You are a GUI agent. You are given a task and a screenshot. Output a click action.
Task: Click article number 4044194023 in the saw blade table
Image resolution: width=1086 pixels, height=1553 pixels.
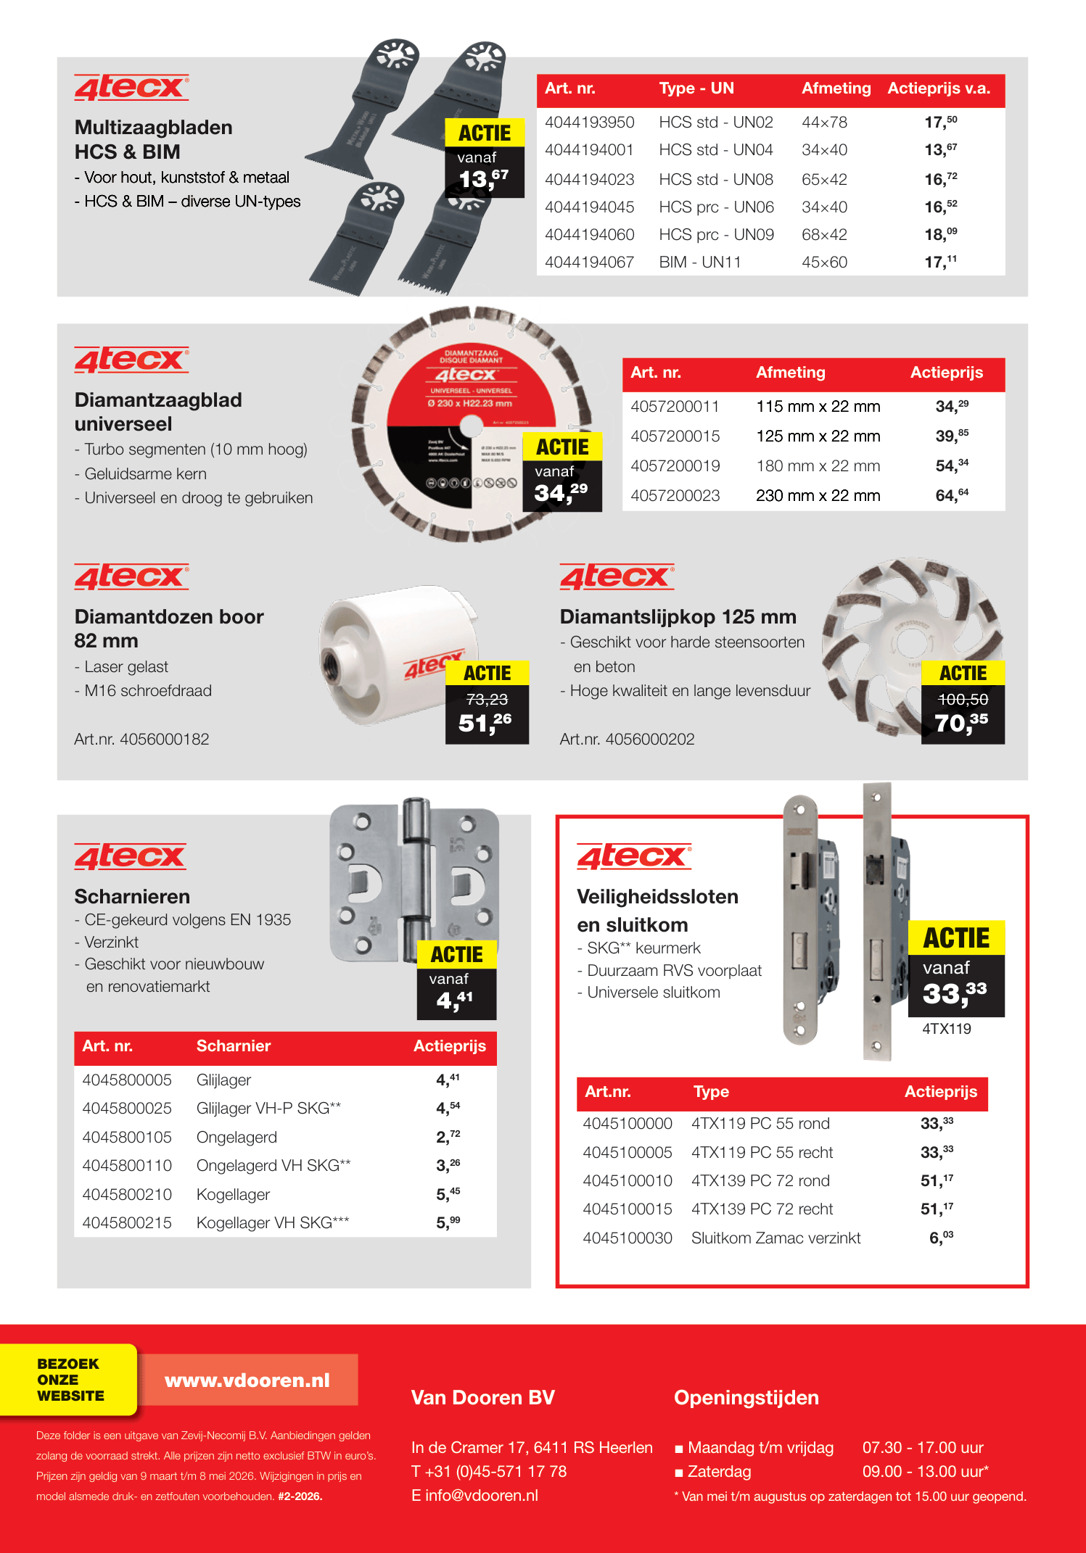click(x=589, y=179)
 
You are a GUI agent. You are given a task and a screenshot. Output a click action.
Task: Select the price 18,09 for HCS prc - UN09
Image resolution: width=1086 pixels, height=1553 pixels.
click(x=940, y=234)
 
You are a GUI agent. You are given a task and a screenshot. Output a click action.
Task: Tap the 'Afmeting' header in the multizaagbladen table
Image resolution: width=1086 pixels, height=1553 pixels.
click(x=836, y=88)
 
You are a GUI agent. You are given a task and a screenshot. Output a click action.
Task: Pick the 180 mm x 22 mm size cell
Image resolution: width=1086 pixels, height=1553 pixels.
click(x=818, y=466)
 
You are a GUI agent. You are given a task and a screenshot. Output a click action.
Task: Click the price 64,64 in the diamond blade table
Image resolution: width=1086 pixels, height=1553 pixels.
click(x=951, y=496)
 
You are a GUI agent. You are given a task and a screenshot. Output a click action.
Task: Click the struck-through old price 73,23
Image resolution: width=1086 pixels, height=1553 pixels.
click(x=487, y=700)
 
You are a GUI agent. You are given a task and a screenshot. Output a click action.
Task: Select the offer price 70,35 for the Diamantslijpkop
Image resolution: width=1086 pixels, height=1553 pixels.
click(x=961, y=723)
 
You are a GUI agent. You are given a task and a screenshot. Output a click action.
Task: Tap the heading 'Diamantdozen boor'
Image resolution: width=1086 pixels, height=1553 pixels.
click(x=169, y=617)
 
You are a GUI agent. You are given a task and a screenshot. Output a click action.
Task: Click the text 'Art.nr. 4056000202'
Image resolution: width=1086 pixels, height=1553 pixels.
click(x=627, y=740)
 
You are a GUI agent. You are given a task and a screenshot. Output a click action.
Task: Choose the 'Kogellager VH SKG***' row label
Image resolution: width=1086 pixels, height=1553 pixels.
click(x=273, y=1223)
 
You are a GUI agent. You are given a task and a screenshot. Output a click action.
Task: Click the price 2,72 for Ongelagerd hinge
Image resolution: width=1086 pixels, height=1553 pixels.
click(x=448, y=1137)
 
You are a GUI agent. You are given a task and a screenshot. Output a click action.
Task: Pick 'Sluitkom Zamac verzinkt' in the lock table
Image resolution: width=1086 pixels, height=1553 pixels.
click(x=776, y=1238)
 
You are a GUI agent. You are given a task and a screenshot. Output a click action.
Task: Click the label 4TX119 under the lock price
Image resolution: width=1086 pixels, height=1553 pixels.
click(x=946, y=1029)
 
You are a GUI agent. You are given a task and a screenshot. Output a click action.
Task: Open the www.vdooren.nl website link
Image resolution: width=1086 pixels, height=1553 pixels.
click(x=247, y=1380)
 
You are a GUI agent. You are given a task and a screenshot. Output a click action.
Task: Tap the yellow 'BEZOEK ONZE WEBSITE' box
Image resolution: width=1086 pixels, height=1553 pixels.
click(x=70, y=1380)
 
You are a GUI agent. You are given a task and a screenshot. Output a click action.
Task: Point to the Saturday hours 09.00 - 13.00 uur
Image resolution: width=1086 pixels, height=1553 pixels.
click(x=925, y=1472)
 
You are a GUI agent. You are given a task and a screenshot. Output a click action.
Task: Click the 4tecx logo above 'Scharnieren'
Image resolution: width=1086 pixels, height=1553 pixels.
click(x=131, y=857)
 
